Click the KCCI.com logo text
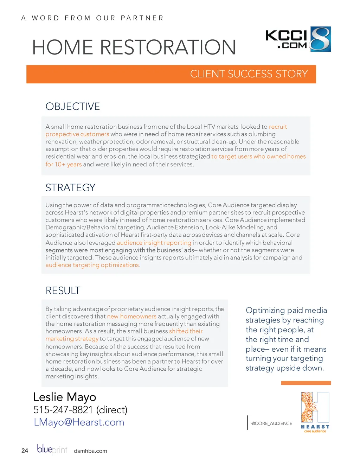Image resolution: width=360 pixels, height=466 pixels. pyautogui.click(x=286, y=39)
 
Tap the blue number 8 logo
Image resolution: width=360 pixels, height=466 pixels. pyautogui.click(x=320, y=39)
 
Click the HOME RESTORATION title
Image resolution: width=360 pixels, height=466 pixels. pyautogui.click(x=134, y=47)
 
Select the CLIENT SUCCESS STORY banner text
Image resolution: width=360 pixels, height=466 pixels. pyautogui.click(x=249, y=74)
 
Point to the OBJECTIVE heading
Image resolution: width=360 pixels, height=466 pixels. pyautogui.click(x=73, y=106)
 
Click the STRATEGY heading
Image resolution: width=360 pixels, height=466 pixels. pyautogui.click(x=70, y=187)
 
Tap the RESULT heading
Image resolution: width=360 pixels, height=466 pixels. pyautogui.click(x=63, y=291)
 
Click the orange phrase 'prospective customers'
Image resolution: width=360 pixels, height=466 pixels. pyautogui.click(x=77, y=134)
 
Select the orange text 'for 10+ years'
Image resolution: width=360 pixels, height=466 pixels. pyautogui.click(x=64, y=164)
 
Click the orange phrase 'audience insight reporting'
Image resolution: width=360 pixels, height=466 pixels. pyautogui.click(x=154, y=243)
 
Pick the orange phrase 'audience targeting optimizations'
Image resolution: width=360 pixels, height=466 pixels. pyautogui.click(x=92, y=265)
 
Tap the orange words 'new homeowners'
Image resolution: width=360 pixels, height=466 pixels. pyautogui.click(x=131, y=316)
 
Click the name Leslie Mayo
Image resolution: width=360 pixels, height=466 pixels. pyautogui.click(x=65, y=397)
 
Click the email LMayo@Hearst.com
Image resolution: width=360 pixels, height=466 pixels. pyautogui.click(x=79, y=422)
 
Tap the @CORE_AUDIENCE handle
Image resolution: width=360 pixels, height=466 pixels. pyautogui.click(x=272, y=423)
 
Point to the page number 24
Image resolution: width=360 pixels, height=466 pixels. pyautogui.click(x=25, y=451)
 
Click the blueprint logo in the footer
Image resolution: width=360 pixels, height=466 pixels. pyautogui.click(x=52, y=449)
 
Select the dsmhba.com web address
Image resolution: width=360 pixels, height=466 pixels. pyautogui.click(x=90, y=451)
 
